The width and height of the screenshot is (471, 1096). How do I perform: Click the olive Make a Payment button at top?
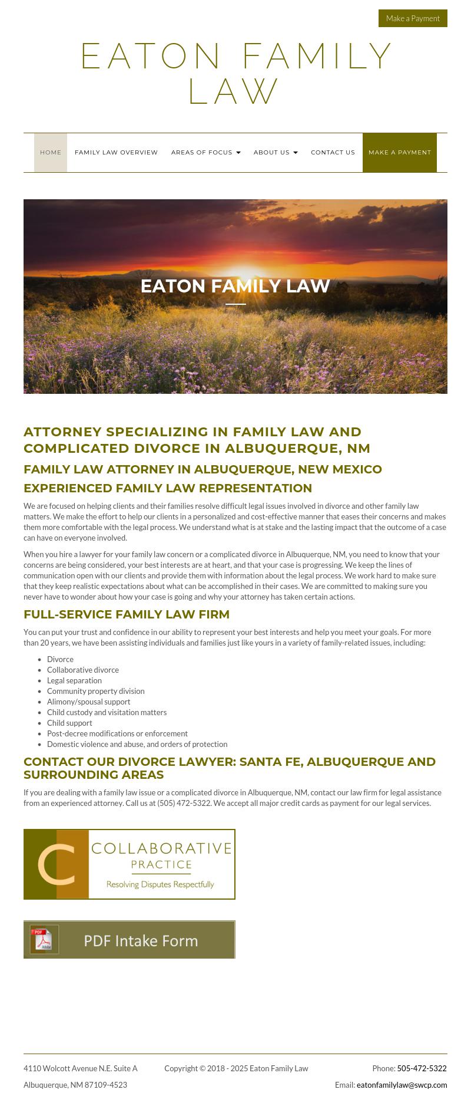pos(413,18)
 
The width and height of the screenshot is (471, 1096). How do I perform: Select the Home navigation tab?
pos(51,153)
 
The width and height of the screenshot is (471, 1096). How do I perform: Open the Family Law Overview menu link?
pos(116,153)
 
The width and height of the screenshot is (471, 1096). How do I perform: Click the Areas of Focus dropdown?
pos(205,153)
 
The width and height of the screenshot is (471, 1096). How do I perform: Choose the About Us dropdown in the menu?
pos(276,153)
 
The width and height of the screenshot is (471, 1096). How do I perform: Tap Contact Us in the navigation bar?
pos(333,153)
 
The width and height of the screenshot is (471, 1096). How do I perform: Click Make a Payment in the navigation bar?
pos(400,153)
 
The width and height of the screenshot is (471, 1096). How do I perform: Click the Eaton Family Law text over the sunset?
pos(235,286)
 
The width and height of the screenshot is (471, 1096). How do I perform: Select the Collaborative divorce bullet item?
pos(83,670)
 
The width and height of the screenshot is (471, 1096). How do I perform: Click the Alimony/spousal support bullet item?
pos(88,702)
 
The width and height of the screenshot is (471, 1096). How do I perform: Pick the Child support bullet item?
pos(69,723)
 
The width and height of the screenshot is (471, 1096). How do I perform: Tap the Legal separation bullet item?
pos(74,680)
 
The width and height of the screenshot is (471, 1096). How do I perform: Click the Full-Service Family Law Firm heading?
pos(127,614)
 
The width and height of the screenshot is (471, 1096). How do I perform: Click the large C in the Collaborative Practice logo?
pos(57,865)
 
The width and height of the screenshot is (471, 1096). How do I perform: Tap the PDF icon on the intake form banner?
pos(44,940)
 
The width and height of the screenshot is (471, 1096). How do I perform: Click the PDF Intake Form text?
pos(141,940)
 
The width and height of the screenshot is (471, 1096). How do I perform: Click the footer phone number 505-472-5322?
pos(422,1068)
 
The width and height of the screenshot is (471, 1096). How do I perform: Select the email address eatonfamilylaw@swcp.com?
pos(402,1085)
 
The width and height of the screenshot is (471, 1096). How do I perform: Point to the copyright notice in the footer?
pos(236,1068)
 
